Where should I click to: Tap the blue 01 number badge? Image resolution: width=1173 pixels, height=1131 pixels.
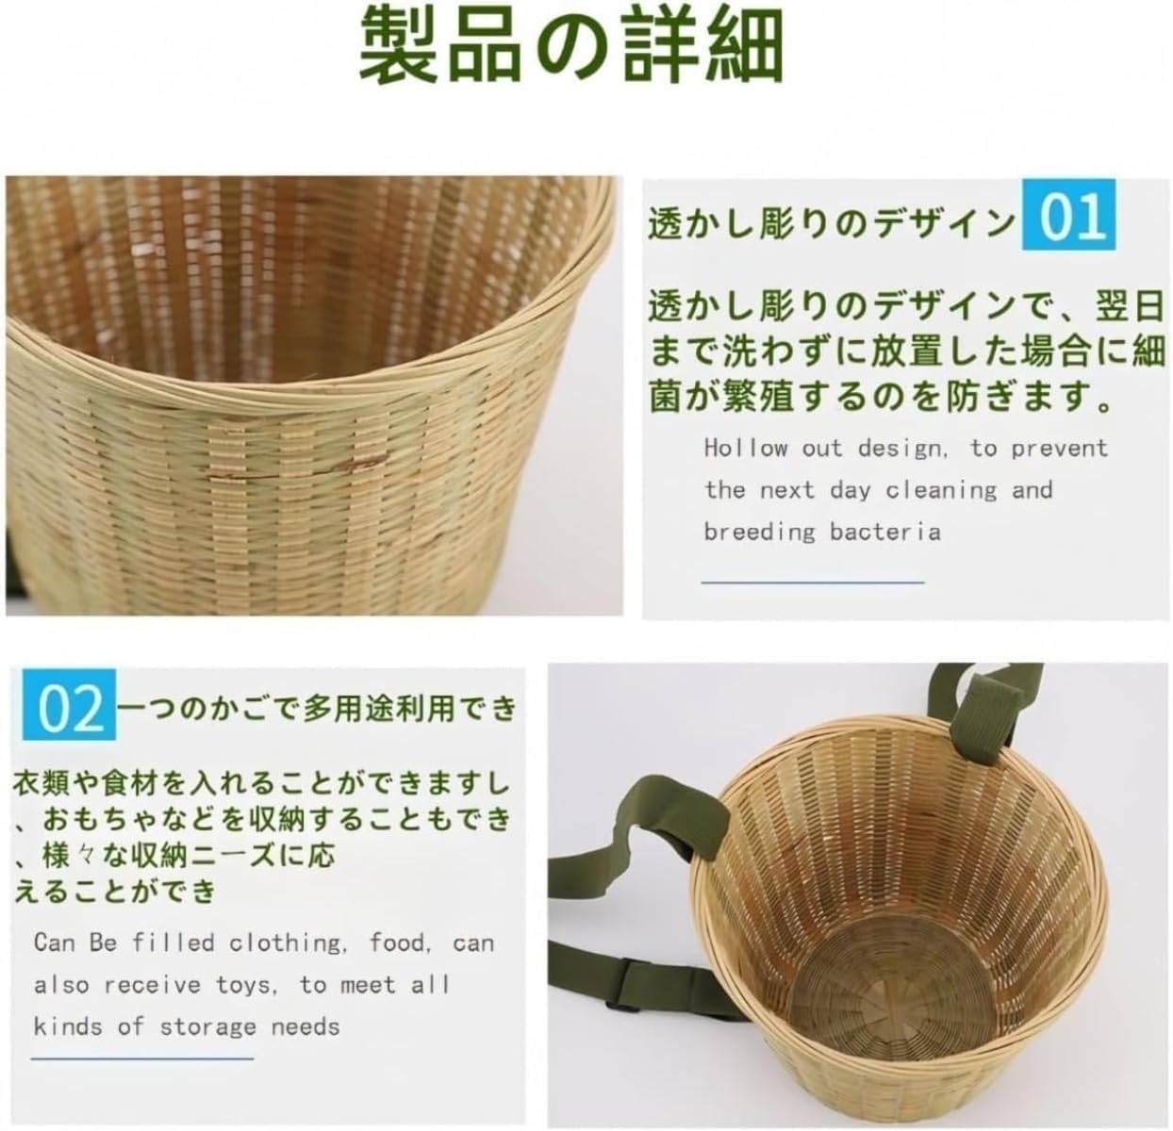click(x=1068, y=215)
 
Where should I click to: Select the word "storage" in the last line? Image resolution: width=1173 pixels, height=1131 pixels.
click(x=207, y=1026)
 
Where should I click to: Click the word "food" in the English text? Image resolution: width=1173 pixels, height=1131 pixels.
click(x=401, y=942)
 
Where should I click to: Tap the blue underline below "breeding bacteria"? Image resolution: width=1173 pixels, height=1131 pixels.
click(x=812, y=582)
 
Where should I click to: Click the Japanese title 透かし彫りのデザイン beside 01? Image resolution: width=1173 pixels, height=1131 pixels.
click(x=830, y=224)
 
